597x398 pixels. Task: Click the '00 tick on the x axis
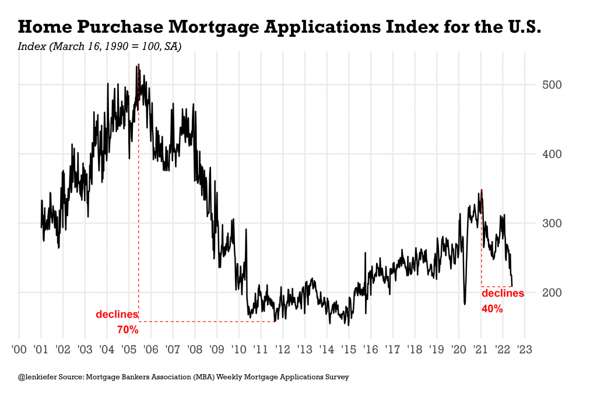pos(19,350)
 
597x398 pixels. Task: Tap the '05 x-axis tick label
pos(129,350)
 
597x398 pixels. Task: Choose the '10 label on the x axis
pos(238,350)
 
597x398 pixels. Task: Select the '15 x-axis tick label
pos(348,350)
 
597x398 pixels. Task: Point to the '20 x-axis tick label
pos(458,350)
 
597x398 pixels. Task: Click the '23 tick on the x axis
pos(524,350)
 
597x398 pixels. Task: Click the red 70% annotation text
pos(128,330)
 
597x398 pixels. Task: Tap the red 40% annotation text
pos(492,309)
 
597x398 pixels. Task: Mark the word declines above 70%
pos(117,315)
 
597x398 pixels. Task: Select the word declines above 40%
pos(503,294)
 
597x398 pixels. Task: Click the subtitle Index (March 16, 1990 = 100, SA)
pos(100,46)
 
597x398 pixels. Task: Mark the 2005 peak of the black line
pos(138,65)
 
